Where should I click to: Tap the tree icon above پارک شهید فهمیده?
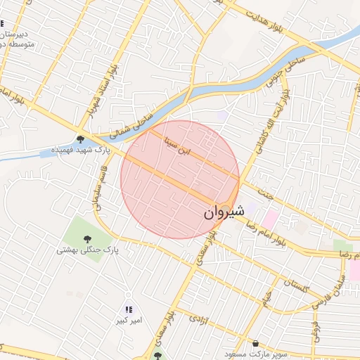81,139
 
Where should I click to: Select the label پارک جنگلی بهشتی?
87,250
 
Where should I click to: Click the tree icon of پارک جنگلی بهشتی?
87,239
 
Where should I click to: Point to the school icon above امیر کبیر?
128,309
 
